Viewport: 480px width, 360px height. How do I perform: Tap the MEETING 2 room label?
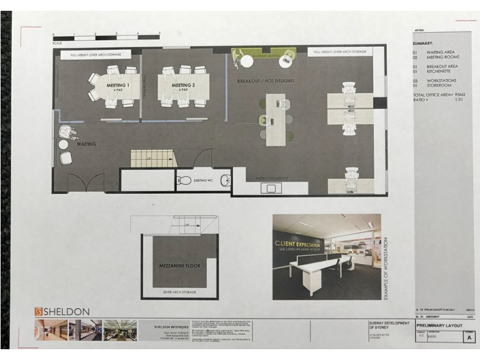tap(184, 86)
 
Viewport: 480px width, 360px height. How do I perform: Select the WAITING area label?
tap(86, 144)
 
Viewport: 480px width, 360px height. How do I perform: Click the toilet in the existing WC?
tap(185, 179)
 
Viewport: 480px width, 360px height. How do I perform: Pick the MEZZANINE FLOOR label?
tap(179, 265)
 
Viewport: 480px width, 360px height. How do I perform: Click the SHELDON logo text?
tap(67, 311)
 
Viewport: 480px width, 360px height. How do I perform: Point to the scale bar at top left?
tap(106, 37)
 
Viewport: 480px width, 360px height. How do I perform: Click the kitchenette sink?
tap(272, 188)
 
